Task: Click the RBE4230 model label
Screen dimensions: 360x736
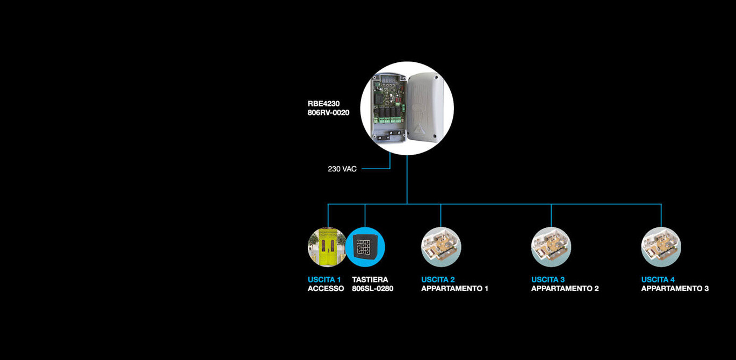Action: tap(323, 104)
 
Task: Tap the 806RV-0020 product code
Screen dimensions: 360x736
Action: tap(328, 113)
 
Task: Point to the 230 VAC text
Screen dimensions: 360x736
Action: tap(342, 169)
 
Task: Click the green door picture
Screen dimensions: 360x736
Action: tap(327, 247)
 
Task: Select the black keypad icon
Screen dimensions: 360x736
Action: tap(365, 247)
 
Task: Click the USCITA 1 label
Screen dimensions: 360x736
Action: tap(324, 279)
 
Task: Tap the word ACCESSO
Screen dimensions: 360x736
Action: tap(326, 289)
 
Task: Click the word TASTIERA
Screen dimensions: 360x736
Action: tap(370, 279)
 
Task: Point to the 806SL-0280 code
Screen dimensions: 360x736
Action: tap(373, 289)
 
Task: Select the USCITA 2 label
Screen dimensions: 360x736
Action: tap(438, 279)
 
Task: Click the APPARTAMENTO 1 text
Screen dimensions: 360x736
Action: tap(454, 289)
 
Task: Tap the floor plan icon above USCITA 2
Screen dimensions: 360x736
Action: tap(441, 247)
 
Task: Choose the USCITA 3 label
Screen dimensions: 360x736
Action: tap(548, 279)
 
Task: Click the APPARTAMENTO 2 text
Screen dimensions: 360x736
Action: tap(565, 289)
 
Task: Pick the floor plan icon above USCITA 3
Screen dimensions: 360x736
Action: tap(551, 247)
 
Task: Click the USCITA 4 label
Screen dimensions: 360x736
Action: tap(658, 279)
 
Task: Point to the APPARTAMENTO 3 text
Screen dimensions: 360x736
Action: tap(675, 289)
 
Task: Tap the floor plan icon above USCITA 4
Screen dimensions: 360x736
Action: tap(661, 247)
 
